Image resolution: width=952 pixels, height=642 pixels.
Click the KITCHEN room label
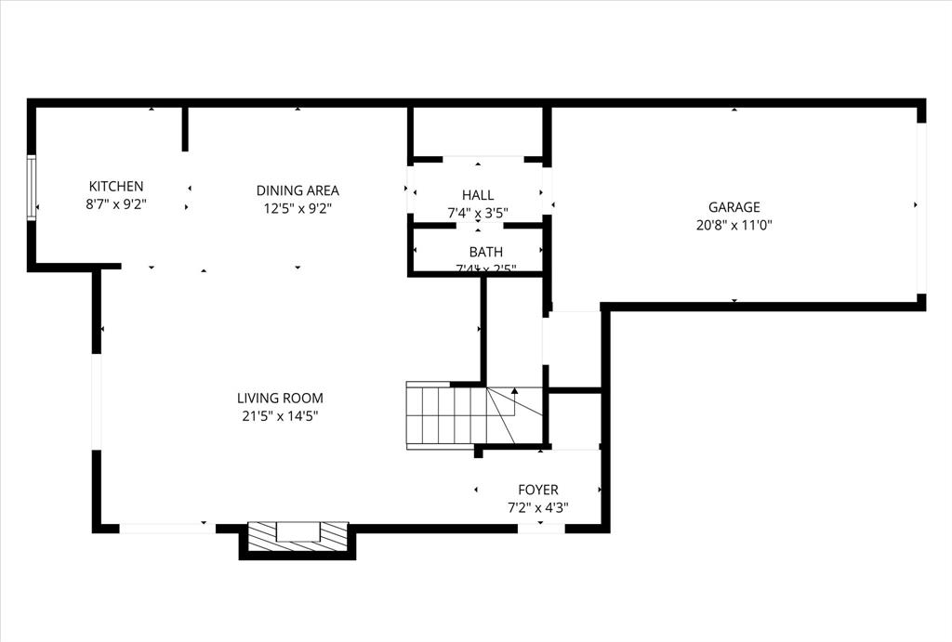[116, 187]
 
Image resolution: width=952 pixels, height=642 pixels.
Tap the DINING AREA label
[297, 190]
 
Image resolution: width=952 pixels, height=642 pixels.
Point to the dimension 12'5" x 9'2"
[297, 209]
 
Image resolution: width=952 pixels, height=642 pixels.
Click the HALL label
[478, 194]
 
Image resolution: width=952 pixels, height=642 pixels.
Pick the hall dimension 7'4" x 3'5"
[478, 213]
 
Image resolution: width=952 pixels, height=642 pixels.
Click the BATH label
[485, 252]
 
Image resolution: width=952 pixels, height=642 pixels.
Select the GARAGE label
[734, 207]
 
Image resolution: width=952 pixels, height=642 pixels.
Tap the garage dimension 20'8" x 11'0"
[734, 225]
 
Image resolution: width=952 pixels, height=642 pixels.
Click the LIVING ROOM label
[280, 398]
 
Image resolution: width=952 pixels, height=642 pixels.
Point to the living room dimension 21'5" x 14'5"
[280, 416]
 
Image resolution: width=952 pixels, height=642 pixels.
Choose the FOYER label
[538, 490]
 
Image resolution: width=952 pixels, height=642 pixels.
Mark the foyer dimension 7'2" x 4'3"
[538, 507]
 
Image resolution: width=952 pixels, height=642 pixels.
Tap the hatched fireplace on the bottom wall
[297, 534]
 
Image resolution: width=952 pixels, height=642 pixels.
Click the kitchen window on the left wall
[32, 188]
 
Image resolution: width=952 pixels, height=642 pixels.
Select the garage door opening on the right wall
[921, 207]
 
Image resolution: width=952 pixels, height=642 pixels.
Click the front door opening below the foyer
[541, 529]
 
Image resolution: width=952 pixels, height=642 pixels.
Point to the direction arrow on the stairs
[514, 392]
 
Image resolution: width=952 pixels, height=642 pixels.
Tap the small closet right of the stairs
[574, 420]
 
